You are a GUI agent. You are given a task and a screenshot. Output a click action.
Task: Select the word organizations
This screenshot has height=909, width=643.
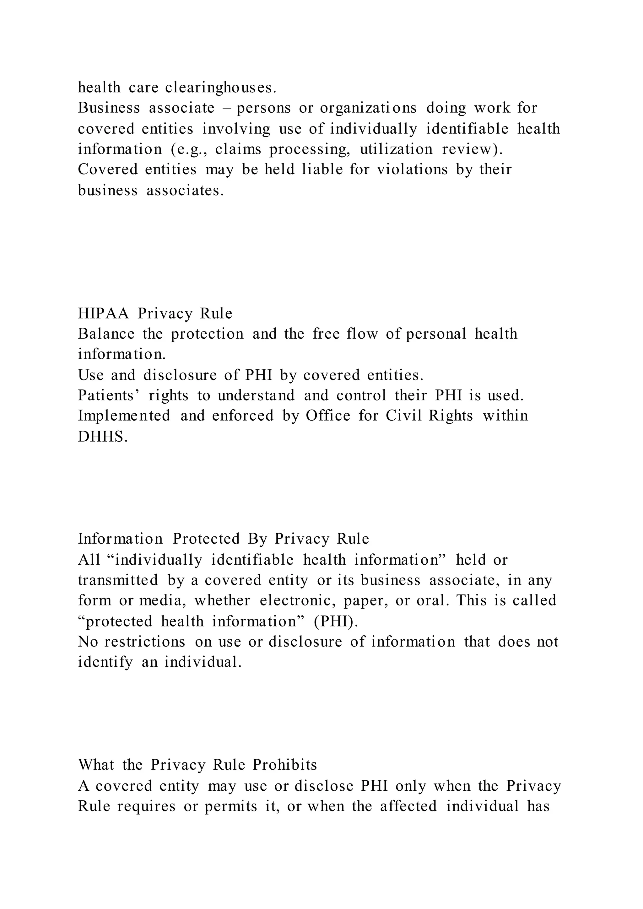(368, 108)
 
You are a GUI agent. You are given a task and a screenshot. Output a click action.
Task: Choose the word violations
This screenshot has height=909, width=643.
(412, 170)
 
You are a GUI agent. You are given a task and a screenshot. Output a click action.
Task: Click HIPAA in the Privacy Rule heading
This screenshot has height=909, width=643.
(103, 314)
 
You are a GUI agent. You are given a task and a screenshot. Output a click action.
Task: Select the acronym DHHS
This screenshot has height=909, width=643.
(103, 437)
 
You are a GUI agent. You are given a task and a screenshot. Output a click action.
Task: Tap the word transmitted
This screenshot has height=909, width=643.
(118, 580)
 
